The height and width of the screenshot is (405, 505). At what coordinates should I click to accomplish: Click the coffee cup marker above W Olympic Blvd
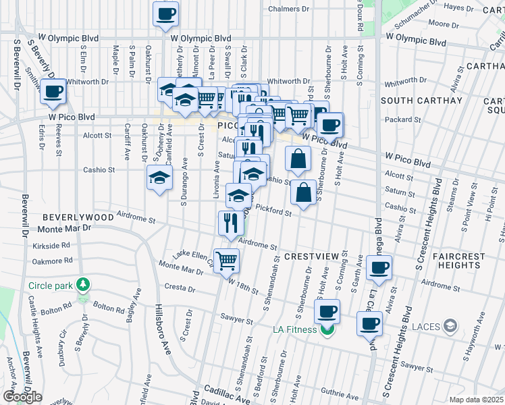pyautogui.click(x=165, y=14)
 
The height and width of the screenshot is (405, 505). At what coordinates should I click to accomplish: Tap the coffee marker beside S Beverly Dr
pyautogui.click(x=53, y=91)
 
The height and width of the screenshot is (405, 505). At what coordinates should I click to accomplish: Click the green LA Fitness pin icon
pyautogui.click(x=328, y=329)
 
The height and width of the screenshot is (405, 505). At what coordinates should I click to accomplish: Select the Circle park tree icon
pyautogui.click(x=83, y=285)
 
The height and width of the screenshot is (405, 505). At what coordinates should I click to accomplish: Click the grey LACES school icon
pyautogui.click(x=449, y=327)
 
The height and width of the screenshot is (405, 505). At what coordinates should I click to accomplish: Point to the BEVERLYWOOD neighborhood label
pyautogui.click(x=78, y=217)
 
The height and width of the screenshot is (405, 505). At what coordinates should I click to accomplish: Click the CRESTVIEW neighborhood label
pyautogui.click(x=310, y=257)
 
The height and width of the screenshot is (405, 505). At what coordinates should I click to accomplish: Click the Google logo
pyautogui.click(x=22, y=397)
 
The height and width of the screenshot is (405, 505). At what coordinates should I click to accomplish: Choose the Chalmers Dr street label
pyautogui.click(x=288, y=9)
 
